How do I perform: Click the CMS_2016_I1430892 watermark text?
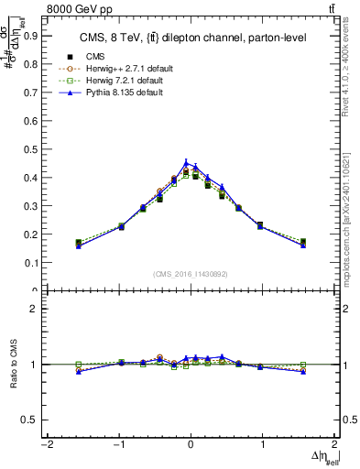tap(190, 273)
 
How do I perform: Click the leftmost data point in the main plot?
tap(79, 243)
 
